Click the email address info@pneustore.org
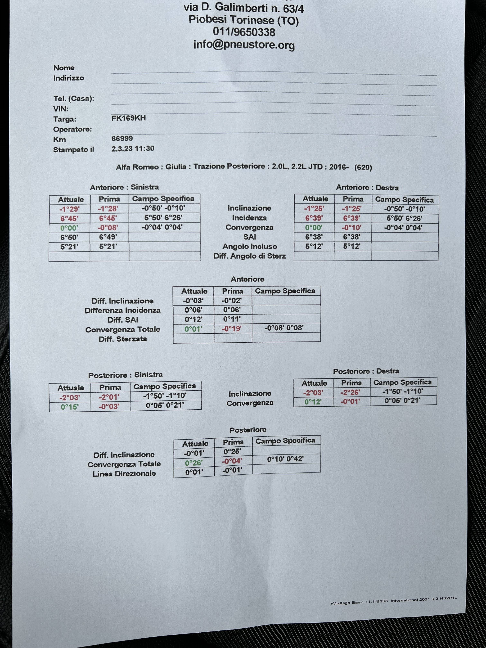click(244, 45)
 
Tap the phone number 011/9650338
click(244, 32)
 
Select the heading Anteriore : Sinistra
click(124, 187)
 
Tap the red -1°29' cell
click(69, 209)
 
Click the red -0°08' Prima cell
click(108, 228)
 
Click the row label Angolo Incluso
click(249, 247)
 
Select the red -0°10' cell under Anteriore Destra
click(351, 228)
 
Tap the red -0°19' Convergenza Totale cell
click(231, 329)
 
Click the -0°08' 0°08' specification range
click(284, 328)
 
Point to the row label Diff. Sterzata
click(123, 339)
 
